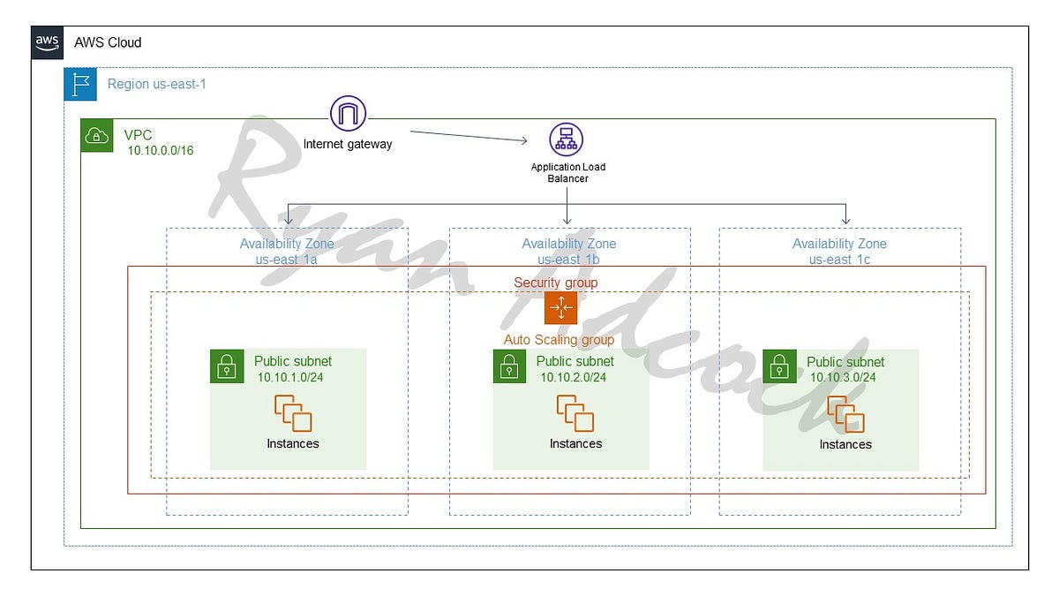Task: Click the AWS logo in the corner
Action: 47,41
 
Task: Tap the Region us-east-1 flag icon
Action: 80,84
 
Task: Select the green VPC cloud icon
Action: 96,135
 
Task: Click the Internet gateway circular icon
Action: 348,114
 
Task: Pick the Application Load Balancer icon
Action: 567,140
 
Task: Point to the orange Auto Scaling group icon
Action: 560,308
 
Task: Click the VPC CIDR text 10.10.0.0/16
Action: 161,151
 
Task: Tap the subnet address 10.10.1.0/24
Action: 291,377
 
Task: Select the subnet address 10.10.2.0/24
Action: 574,377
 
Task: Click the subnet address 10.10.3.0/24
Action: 844,377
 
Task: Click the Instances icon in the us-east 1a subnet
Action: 293,413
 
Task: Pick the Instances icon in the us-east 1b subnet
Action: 575,413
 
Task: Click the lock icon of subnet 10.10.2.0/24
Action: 509,366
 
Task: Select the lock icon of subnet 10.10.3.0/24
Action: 779,366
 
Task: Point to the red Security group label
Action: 556,283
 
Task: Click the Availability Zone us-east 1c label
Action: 839,251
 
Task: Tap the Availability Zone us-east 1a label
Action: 287,251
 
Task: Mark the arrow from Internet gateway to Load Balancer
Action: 468,137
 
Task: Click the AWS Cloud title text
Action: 108,42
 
